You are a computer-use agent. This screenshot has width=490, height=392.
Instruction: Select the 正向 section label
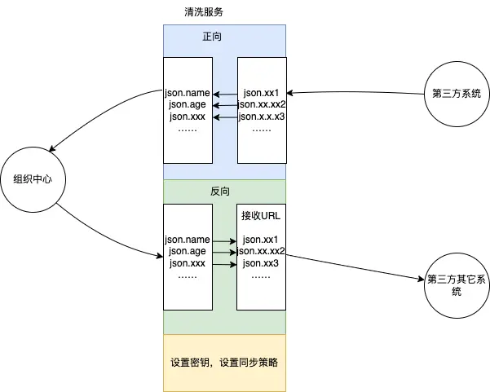pyautogui.click(x=213, y=37)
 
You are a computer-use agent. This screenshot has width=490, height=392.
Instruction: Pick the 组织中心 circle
pyautogui.click(x=33, y=178)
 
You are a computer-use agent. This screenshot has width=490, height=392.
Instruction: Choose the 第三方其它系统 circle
pyautogui.click(x=456, y=284)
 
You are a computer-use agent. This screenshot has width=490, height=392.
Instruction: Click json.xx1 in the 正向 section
pyautogui.click(x=261, y=93)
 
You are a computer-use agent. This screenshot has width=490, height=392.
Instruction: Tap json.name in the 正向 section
pyautogui.click(x=188, y=93)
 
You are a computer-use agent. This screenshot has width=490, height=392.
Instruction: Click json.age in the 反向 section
pyautogui.click(x=188, y=252)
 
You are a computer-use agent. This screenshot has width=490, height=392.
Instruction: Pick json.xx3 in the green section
pyautogui.click(x=261, y=264)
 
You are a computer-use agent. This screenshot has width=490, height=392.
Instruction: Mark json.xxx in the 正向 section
pyautogui.click(x=188, y=117)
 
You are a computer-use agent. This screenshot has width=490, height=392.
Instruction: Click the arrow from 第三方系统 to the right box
pyautogui.click(x=355, y=92)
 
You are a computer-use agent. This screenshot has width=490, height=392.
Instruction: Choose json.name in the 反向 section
pyautogui.click(x=188, y=240)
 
